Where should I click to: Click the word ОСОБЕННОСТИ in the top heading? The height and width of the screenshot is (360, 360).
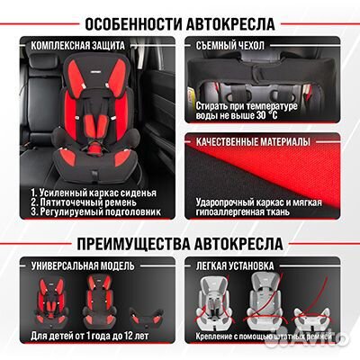(x=121, y=20)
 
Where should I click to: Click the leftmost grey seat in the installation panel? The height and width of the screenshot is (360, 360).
(x=217, y=301)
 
